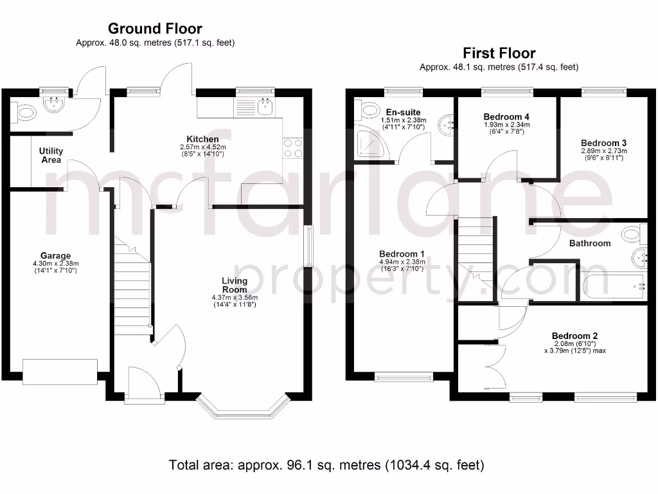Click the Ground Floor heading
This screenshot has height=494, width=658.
coord(155,28)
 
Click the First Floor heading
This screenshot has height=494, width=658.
coord(499,53)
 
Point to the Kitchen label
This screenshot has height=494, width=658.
coord(202,139)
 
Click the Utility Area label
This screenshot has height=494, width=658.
coord(51,155)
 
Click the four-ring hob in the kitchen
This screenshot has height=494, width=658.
coord(292,149)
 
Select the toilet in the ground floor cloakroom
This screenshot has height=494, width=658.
coord(26,113)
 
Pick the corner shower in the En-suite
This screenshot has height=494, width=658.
coord(369,141)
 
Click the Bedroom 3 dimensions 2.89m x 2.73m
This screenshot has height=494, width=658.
coord(603,151)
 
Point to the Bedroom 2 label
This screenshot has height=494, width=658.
coord(574,335)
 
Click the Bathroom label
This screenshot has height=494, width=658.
coord(589,243)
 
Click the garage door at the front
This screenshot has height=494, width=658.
coord(60,371)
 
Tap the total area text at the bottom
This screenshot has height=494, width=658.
coord(326,464)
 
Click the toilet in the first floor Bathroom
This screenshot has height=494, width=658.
coord(632,232)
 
